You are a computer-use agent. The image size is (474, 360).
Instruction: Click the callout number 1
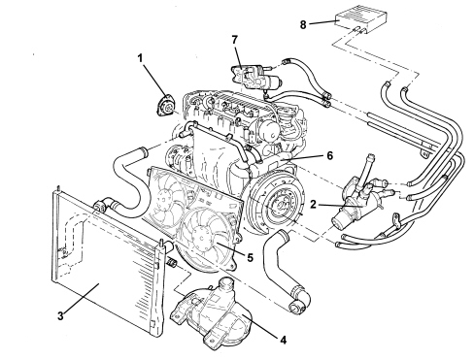[140, 58]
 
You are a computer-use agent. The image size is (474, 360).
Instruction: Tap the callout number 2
[313, 204]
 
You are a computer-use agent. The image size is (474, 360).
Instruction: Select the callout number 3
[60, 316]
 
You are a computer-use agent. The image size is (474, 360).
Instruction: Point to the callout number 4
[283, 340]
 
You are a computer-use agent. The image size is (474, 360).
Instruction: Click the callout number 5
[250, 257]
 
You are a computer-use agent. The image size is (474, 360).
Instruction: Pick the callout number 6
[329, 156]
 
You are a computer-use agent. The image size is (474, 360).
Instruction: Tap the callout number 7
[235, 40]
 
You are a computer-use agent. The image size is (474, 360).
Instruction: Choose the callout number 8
[303, 24]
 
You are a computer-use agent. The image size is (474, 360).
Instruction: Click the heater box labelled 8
[361, 18]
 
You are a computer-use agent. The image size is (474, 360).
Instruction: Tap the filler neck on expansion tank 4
[226, 284]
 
